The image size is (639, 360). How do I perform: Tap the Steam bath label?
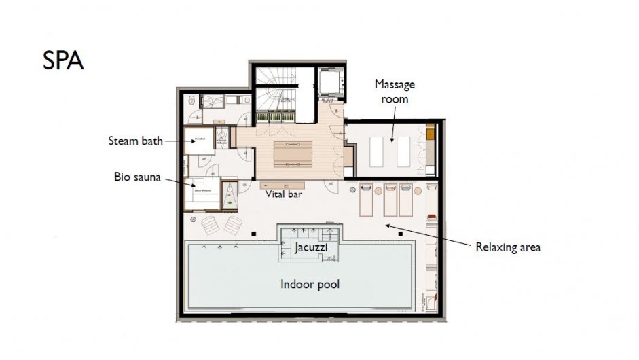tap(136, 141)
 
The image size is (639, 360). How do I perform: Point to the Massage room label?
tap(394, 92)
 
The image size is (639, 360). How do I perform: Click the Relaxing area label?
tap(508, 247)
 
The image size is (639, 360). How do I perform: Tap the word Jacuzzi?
tap(311, 248)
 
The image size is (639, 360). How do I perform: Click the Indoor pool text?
tap(310, 284)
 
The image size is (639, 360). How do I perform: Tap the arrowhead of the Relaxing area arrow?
tap(386, 225)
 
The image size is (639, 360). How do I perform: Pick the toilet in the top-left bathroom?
tap(194, 102)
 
